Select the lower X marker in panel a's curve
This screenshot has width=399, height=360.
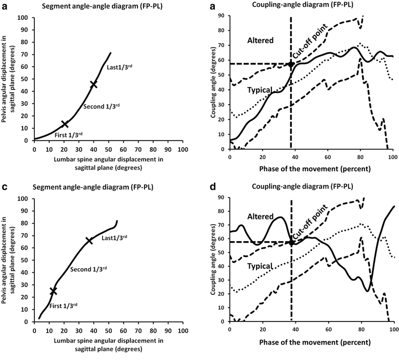coord(65,124)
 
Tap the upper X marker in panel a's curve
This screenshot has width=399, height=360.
coord(93,84)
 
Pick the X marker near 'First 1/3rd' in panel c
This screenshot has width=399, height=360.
coord(53,291)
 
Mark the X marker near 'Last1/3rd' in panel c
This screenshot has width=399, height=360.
coord(89,240)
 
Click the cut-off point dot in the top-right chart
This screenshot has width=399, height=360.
coord(291,64)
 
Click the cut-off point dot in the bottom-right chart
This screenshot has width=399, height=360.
coord(291,242)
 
